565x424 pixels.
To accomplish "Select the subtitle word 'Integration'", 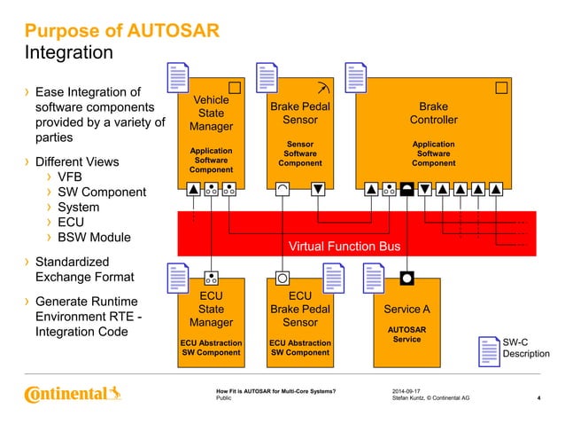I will pos(68,53).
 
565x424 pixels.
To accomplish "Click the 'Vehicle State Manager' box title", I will pos(211,114).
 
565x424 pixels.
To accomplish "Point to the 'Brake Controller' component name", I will pos(433,113).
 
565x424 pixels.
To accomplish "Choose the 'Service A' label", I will pos(406,310).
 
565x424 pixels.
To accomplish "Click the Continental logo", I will pos(69,393).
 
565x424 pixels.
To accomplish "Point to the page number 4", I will pos(539,399).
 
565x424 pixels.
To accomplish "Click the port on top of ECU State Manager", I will pos(211,276).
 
